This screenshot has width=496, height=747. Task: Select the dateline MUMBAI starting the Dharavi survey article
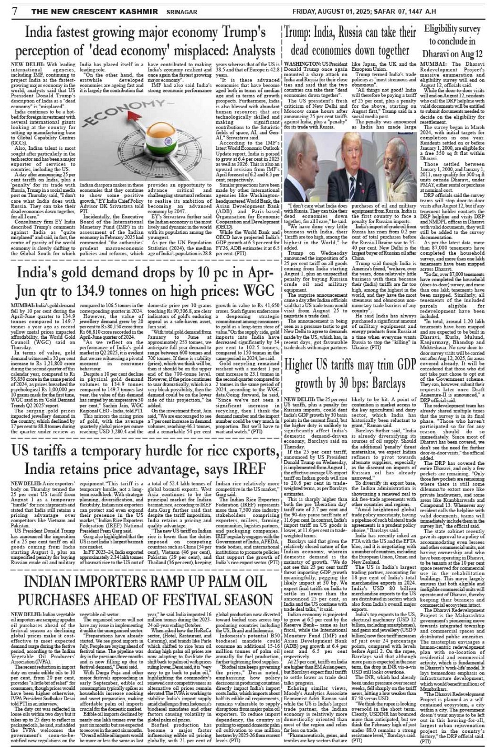[x=434, y=64]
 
